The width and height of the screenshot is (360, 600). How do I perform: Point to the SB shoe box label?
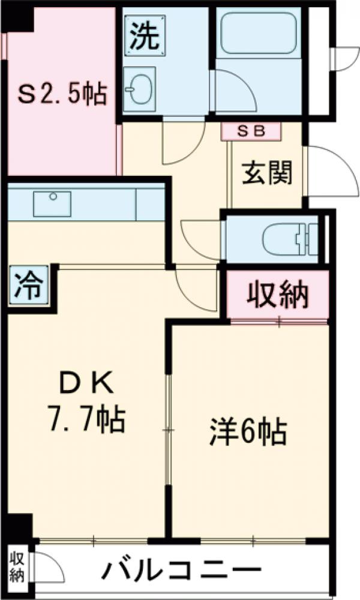pos(251,131)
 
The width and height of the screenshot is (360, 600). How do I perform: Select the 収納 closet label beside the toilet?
pos(278,294)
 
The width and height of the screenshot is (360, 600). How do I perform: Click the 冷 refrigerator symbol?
pos(28,286)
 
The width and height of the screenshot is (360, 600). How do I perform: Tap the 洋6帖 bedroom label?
pos(248,431)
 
